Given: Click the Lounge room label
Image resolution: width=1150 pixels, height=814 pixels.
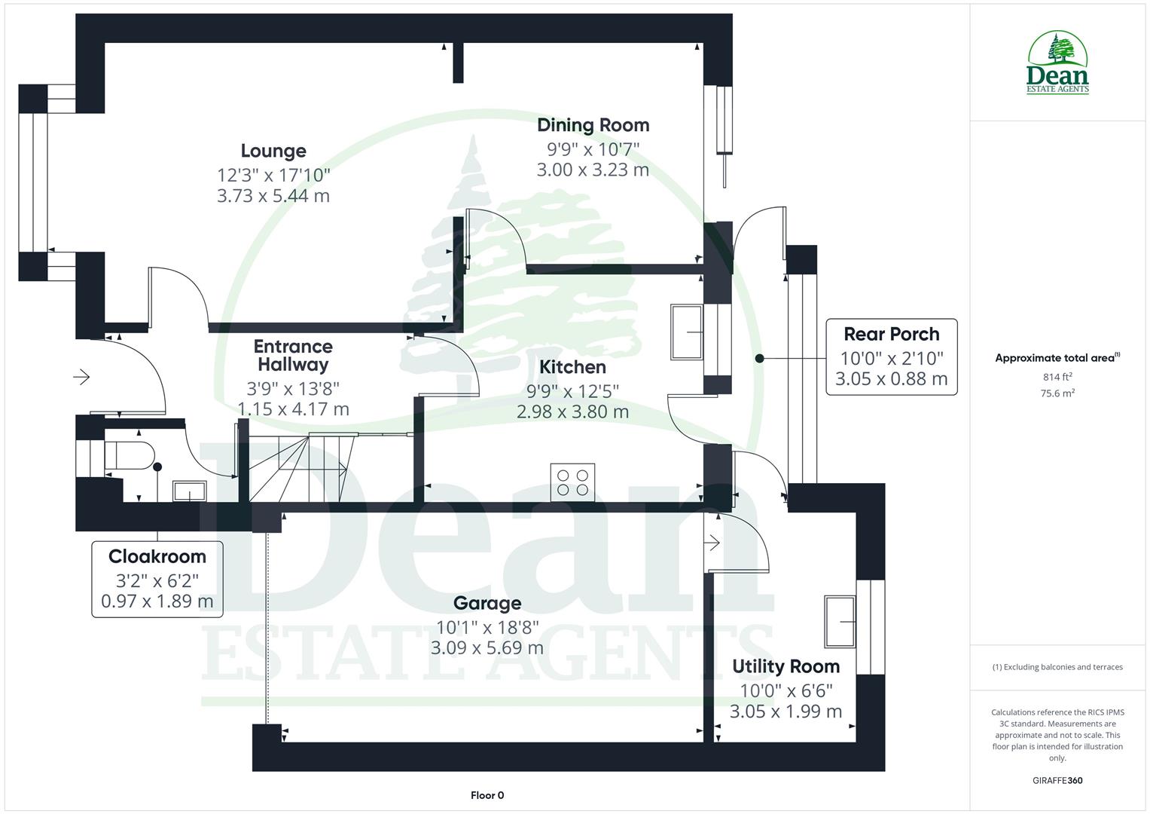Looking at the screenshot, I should point(273,151).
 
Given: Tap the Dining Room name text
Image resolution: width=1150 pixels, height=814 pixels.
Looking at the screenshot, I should point(593,125).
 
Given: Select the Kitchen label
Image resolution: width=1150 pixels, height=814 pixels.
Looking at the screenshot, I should point(572,367).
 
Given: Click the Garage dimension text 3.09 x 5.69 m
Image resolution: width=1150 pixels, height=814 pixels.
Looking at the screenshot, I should point(487,647).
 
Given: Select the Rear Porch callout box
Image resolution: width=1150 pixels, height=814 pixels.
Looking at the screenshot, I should point(891,357).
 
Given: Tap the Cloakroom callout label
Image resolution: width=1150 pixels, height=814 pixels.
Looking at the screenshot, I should point(157,557).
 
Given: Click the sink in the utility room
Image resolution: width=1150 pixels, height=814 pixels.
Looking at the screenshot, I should point(840,621).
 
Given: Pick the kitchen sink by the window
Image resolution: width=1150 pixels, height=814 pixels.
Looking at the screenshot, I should point(687,332).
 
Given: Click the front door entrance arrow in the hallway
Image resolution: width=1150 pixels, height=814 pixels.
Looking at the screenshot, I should point(81,376).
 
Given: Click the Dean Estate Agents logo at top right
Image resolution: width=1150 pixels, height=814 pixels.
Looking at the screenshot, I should point(1057,63).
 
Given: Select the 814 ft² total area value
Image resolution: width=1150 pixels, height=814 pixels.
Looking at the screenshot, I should point(1057,377).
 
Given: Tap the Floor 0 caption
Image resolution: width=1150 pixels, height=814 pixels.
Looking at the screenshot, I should point(487,795).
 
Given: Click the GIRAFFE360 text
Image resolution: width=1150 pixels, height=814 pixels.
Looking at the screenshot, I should point(1057,780).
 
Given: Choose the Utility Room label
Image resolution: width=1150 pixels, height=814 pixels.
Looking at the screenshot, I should point(785,666).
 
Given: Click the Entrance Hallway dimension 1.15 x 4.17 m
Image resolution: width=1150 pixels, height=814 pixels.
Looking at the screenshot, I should point(293,409).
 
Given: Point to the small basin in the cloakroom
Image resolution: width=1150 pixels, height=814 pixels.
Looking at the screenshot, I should point(189,491).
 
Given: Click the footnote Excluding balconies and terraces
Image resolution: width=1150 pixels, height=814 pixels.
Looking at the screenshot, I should point(1057,667).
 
